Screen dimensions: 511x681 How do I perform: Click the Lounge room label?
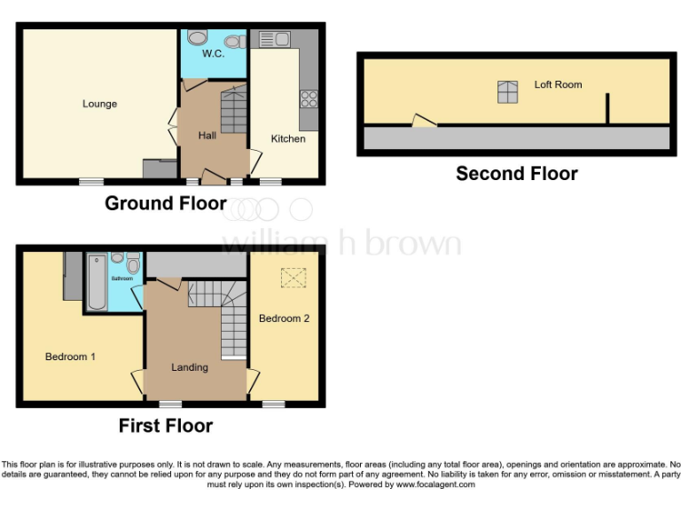click(99, 104)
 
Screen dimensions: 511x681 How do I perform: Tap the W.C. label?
click(213, 54)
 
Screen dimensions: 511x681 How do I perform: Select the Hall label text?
click(207, 135)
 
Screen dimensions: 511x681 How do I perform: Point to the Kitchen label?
click(288, 138)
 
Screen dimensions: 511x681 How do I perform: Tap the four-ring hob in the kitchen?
click(309, 98)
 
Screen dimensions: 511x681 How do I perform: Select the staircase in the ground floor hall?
click(232, 110)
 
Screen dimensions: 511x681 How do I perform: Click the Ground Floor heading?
click(165, 203)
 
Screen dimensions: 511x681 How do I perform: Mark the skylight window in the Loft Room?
click(507, 92)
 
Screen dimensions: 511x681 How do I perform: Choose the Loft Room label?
click(558, 84)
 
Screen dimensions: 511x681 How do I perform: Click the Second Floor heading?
click(516, 173)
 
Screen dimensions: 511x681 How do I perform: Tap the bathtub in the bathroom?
click(97, 282)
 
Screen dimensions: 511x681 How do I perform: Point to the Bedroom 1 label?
click(70, 357)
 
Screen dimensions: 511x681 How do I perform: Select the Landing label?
click(190, 367)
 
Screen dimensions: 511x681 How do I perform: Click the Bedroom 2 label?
click(284, 318)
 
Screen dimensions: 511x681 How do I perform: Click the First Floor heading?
click(166, 426)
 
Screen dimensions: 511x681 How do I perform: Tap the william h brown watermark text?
click(340, 243)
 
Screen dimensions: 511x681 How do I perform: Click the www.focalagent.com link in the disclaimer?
click(434, 484)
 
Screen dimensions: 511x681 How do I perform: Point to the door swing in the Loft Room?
click(424, 121)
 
